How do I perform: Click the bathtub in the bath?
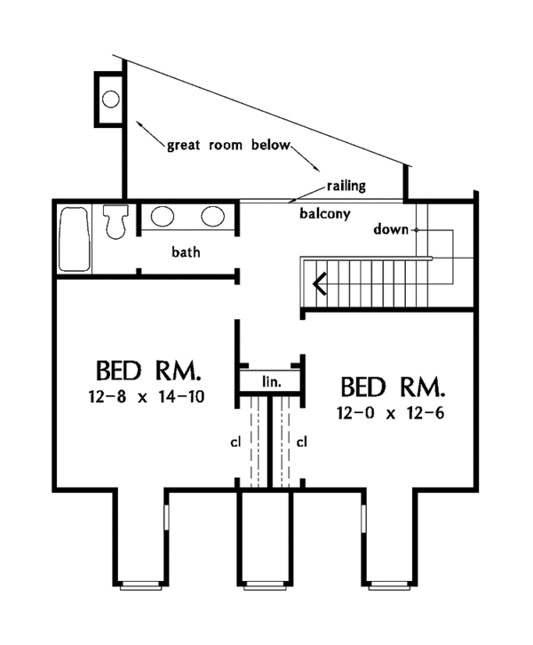pos(75,239)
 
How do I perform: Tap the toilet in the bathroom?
pos(115,222)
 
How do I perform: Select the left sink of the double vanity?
pos(162,216)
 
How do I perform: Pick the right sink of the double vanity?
pos(212,216)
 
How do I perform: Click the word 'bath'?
pos(186,251)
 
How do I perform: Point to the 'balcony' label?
pos(325,214)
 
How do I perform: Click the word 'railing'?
pos(346,186)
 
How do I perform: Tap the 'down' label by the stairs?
pos(391,229)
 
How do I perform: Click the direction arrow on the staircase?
pos(320,283)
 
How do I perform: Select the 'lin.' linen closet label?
pos(272,382)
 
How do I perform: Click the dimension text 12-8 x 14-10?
pos(147,397)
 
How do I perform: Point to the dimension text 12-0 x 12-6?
pos(391,412)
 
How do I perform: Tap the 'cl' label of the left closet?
pos(235,442)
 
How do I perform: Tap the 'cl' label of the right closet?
pos(302,442)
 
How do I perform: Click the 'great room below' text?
pos(228,146)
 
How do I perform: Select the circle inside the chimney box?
pos(111,100)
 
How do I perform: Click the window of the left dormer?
pos(140,585)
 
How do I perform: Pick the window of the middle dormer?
pos(265,585)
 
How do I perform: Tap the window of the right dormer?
pos(389,585)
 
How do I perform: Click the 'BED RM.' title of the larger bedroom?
pos(148,370)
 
